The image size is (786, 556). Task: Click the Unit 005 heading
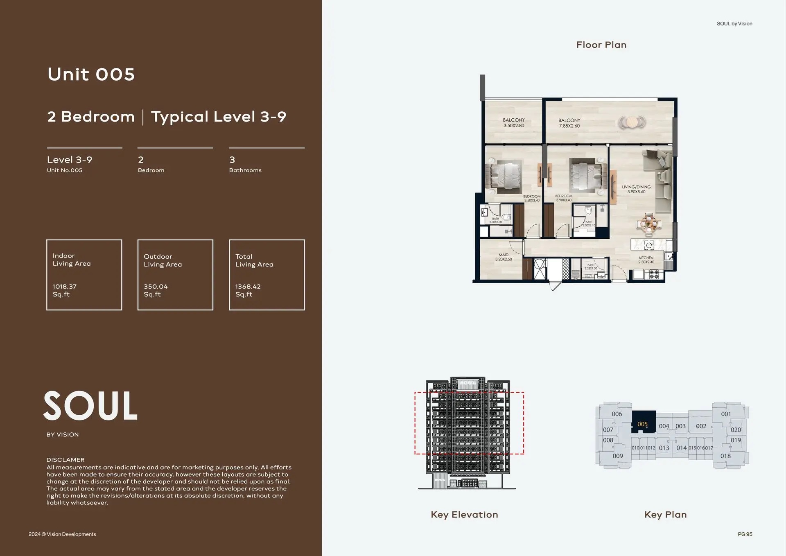pyautogui.click(x=91, y=75)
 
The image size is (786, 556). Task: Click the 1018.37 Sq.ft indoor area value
pyautogui.click(x=65, y=290)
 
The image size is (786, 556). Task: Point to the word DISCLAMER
pyautogui.click(x=65, y=460)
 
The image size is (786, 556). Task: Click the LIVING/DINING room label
pyautogui.click(x=636, y=189)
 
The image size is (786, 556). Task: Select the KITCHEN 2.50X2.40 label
pyautogui.click(x=646, y=260)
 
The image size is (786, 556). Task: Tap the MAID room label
pyautogui.click(x=504, y=257)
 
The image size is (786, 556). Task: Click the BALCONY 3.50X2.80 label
pyautogui.click(x=514, y=123)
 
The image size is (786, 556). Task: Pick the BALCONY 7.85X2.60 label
pyautogui.click(x=569, y=123)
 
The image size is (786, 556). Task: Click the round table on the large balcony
pyautogui.click(x=632, y=122)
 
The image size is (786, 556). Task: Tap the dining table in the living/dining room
pyautogui.click(x=648, y=224)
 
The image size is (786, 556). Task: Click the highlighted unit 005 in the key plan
pyautogui.click(x=643, y=424)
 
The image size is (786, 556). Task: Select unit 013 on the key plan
pyautogui.click(x=664, y=448)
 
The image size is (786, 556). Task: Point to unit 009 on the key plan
pyautogui.click(x=618, y=456)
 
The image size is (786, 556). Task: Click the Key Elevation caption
pyautogui.click(x=464, y=515)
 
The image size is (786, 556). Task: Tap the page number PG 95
pyautogui.click(x=745, y=534)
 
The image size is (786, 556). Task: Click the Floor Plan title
pyautogui.click(x=601, y=45)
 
